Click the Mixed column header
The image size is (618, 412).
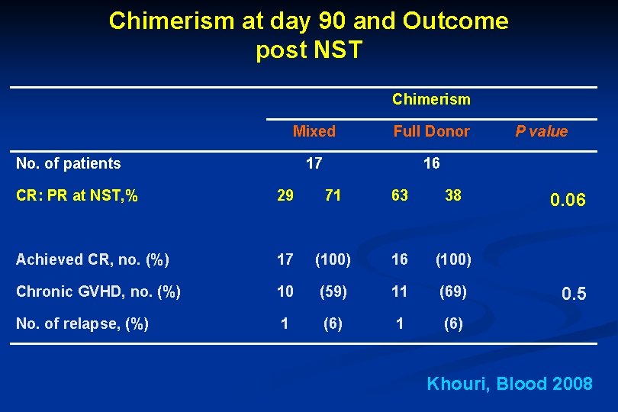point(314,131)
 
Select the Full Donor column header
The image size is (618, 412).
point(431,131)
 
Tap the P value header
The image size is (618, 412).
point(541,131)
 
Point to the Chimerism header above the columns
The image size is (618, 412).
point(431,99)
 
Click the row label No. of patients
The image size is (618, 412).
point(69,163)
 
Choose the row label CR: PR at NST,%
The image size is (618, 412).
point(77,195)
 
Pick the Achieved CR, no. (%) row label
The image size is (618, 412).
point(92,259)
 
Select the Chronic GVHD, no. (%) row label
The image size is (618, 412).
point(98,291)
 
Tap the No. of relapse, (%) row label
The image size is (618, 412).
point(82,323)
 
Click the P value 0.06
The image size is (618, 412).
point(568,200)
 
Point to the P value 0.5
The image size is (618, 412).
point(573,294)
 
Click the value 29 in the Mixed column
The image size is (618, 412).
point(285,195)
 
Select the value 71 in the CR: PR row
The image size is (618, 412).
point(333,195)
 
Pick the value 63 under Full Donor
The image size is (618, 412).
point(399,195)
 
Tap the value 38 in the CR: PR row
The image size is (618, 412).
point(453,195)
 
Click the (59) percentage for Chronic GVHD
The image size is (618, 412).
point(333,291)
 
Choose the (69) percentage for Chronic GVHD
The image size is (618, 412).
point(453,291)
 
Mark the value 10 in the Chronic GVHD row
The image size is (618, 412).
point(285,291)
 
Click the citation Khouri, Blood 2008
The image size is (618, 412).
point(510,384)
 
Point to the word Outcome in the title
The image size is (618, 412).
point(455,21)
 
